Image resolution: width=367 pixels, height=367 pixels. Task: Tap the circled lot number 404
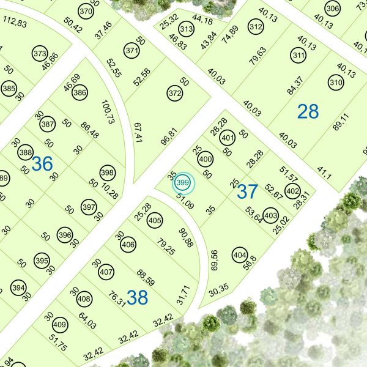click(x=239, y=256)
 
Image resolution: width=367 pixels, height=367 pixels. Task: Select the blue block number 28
click(x=308, y=111)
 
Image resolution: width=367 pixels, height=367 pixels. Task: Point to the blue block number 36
click(x=42, y=163)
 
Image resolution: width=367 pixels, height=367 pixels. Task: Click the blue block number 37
click(x=247, y=191)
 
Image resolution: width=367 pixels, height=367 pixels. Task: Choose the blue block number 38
click(x=138, y=298)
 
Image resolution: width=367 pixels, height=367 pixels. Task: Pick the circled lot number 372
click(x=174, y=94)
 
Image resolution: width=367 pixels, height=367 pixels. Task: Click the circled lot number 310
click(x=335, y=82)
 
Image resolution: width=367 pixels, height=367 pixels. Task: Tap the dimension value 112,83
click(x=15, y=23)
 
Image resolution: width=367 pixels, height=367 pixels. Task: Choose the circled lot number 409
click(x=59, y=324)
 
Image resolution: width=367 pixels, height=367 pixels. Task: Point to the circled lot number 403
click(x=271, y=215)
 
